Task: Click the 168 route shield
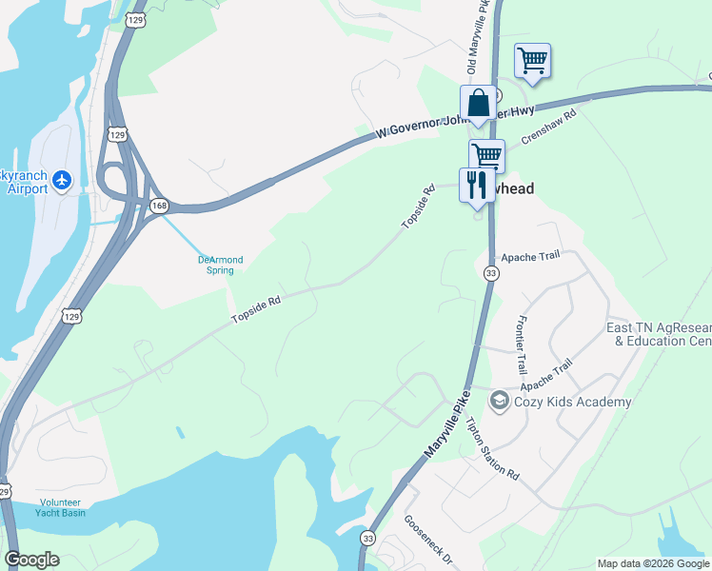pyautogui.click(x=159, y=206)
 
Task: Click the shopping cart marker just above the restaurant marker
pyautogui.click(x=486, y=155)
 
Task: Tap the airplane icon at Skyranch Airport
pyautogui.click(x=63, y=178)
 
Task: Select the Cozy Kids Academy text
pyautogui.click(x=572, y=403)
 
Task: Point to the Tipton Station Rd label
pyautogui.click(x=493, y=449)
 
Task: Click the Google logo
pyautogui.click(x=31, y=560)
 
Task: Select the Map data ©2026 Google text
pyautogui.click(x=653, y=563)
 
